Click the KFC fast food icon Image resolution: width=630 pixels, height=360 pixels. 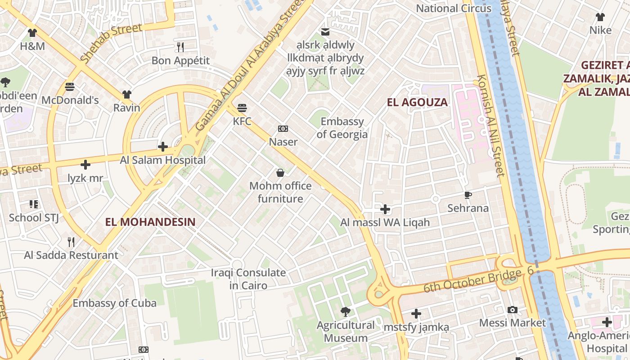tap(242, 108)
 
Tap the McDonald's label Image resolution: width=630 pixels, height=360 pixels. tap(70, 100)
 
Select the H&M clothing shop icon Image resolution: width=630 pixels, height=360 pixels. tap(32, 33)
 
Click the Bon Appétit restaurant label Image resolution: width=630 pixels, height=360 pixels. tap(180, 60)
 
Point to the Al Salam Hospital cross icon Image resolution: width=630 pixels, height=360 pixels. tap(163, 147)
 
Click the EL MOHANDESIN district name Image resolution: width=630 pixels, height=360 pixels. tap(150, 222)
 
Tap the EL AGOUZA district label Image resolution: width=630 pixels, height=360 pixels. tap(417, 103)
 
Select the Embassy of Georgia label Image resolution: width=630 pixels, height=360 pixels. tap(342, 128)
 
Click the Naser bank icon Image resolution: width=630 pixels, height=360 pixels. tap(283, 129)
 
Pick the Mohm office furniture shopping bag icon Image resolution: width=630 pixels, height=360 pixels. tap(280, 173)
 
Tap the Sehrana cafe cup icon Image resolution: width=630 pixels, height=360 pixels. tap(468, 195)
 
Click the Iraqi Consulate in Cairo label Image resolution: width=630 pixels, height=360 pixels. tap(248, 279)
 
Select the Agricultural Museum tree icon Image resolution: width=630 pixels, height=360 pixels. tap(345, 311)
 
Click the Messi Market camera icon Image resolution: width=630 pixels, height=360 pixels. tap(512, 310)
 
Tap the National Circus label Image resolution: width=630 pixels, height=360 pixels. tap(454, 9)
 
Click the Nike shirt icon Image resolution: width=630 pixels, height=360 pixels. tap(600, 17)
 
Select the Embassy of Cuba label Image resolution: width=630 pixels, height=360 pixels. tap(115, 303)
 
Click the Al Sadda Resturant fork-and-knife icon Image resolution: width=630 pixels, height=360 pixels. tap(71, 242)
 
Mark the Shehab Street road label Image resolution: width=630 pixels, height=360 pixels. tap(111, 42)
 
